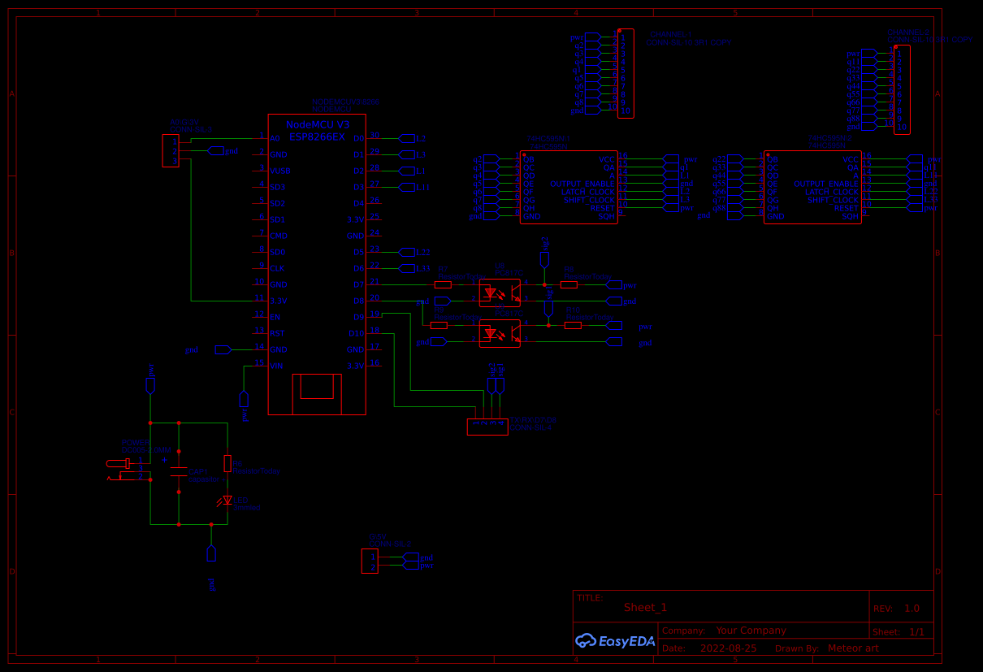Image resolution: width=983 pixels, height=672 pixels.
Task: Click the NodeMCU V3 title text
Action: (x=318, y=124)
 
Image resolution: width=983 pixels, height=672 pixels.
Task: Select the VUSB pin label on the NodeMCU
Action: (x=280, y=171)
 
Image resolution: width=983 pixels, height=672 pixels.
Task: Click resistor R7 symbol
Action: (x=443, y=284)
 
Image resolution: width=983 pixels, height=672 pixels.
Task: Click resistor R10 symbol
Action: (x=573, y=325)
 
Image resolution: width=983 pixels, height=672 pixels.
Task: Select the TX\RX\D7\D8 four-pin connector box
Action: (x=487, y=427)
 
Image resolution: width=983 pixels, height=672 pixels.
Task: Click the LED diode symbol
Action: (x=227, y=501)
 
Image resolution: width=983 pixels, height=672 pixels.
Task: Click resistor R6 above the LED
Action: (x=227, y=463)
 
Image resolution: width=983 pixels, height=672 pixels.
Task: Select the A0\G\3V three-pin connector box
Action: (x=171, y=150)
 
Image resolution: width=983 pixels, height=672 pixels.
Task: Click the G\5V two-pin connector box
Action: (x=370, y=561)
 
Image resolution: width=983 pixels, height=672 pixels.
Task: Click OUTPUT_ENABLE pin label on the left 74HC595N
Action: (x=582, y=184)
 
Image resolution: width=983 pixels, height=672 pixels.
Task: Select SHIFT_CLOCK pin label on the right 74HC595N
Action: (x=833, y=200)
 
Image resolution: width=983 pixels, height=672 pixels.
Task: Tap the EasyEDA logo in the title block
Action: (x=615, y=641)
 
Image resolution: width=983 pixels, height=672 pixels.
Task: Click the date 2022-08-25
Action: (x=728, y=648)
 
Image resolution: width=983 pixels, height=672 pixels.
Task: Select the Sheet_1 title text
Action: (x=645, y=608)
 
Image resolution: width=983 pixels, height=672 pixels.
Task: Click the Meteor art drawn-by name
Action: (x=853, y=648)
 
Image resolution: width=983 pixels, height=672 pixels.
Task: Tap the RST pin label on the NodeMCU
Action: (x=277, y=333)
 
